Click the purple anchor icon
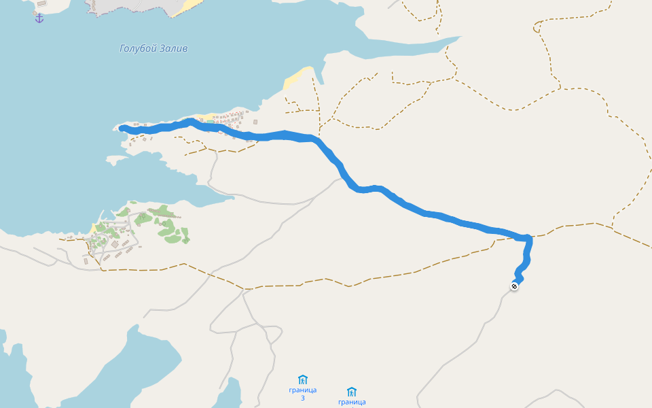tap(39, 18)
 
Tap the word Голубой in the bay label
tap(139, 48)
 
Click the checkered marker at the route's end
tap(515, 286)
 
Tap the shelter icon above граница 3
tap(303, 379)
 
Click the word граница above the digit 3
tap(303, 390)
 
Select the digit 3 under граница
tap(303, 398)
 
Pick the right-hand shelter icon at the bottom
tap(351, 392)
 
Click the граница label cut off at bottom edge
tap(351, 403)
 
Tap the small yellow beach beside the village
tap(92, 228)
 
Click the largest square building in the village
tap(114, 243)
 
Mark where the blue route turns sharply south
tap(528, 239)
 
